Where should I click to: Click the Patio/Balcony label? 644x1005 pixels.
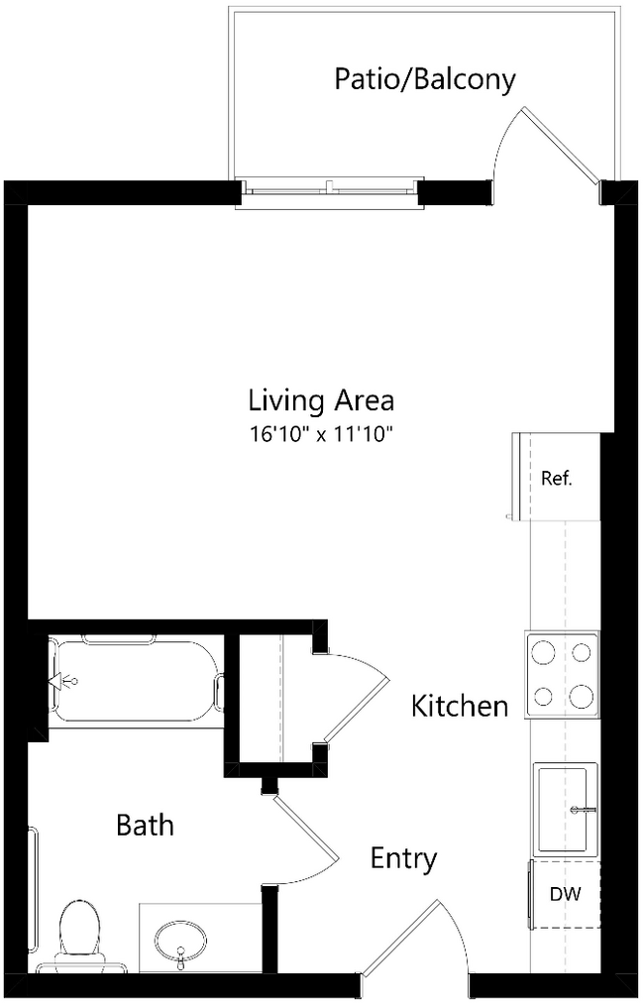(424, 79)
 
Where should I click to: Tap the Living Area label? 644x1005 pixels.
(321, 401)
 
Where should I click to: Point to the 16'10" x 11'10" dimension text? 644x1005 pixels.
(321, 433)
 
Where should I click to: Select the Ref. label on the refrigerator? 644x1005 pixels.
(557, 479)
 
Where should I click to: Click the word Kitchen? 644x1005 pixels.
(460, 707)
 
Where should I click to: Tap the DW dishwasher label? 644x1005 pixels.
(565, 894)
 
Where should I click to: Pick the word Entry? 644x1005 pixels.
(403, 858)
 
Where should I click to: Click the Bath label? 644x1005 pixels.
(145, 825)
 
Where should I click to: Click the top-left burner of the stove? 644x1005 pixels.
(543, 652)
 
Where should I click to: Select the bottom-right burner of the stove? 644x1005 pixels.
(583, 697)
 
